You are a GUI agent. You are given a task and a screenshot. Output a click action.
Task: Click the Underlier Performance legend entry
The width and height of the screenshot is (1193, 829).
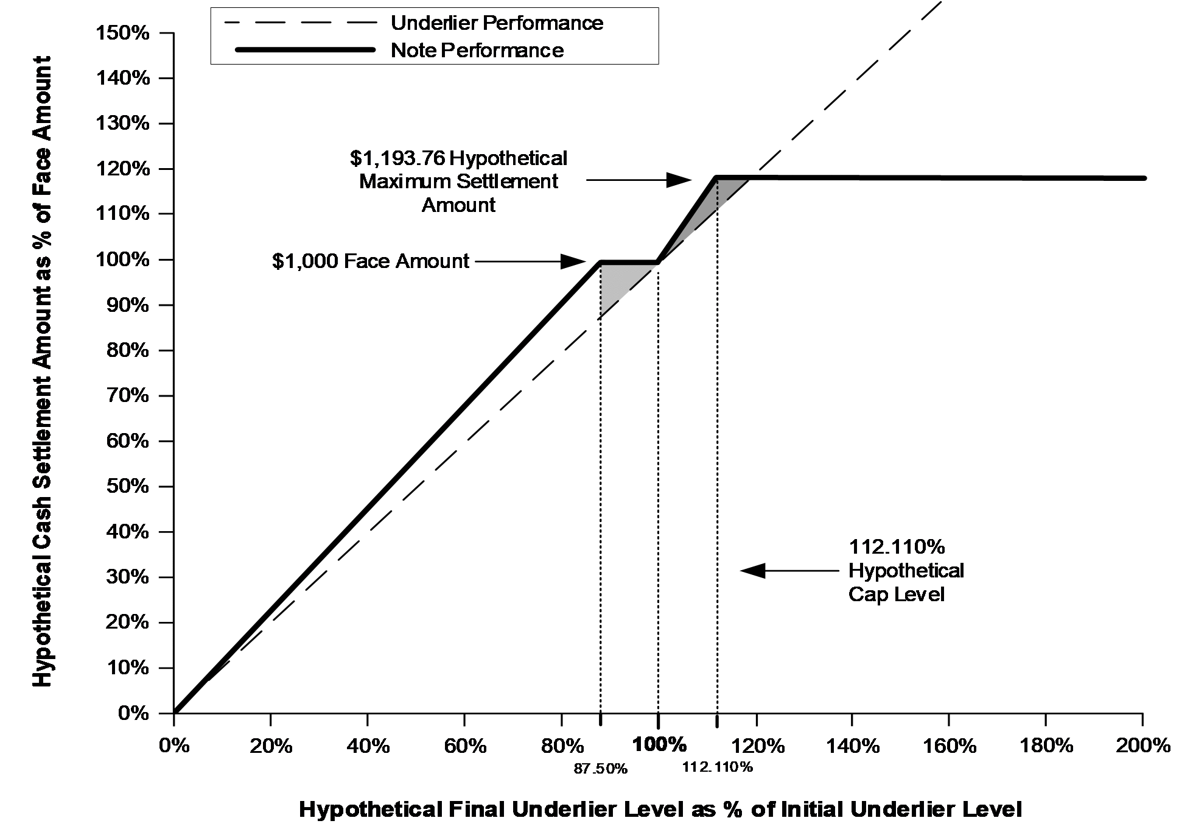click(x=414, y=23)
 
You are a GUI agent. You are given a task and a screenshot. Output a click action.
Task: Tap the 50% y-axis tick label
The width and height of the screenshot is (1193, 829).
click(x=128, y=486)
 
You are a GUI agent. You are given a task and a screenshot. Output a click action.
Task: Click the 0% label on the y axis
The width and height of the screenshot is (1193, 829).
click(x=134, y=713)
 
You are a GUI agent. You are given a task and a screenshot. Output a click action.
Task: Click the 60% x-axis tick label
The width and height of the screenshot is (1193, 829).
click(x=465, y=745)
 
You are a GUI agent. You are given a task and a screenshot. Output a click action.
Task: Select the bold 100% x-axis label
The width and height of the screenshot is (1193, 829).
click(x=660, y=744)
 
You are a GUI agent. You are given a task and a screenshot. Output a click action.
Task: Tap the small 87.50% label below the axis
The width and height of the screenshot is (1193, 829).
click(x=600, y=769)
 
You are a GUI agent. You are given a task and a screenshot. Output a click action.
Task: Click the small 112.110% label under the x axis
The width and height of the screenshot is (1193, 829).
click(x=718, y=767)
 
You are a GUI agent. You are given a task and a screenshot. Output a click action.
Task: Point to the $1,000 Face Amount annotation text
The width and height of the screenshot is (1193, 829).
click(x=371, y=261)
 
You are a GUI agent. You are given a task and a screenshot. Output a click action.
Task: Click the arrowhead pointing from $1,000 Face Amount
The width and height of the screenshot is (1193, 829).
click(x=573, y=261)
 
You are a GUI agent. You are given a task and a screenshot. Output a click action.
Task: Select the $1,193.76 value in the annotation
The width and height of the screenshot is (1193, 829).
click(x=397, y=158)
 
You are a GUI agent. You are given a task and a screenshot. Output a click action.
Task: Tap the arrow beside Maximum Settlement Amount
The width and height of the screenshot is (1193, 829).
click(x=638, y=180)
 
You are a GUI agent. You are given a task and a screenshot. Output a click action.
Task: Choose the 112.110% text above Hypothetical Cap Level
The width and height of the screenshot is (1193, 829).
click(x=897, y=547)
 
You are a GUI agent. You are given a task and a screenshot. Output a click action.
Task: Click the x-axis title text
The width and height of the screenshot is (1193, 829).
click(x=660, y=810)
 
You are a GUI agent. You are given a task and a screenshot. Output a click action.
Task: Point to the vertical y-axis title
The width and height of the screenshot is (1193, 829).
click(x=42, y=372)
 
